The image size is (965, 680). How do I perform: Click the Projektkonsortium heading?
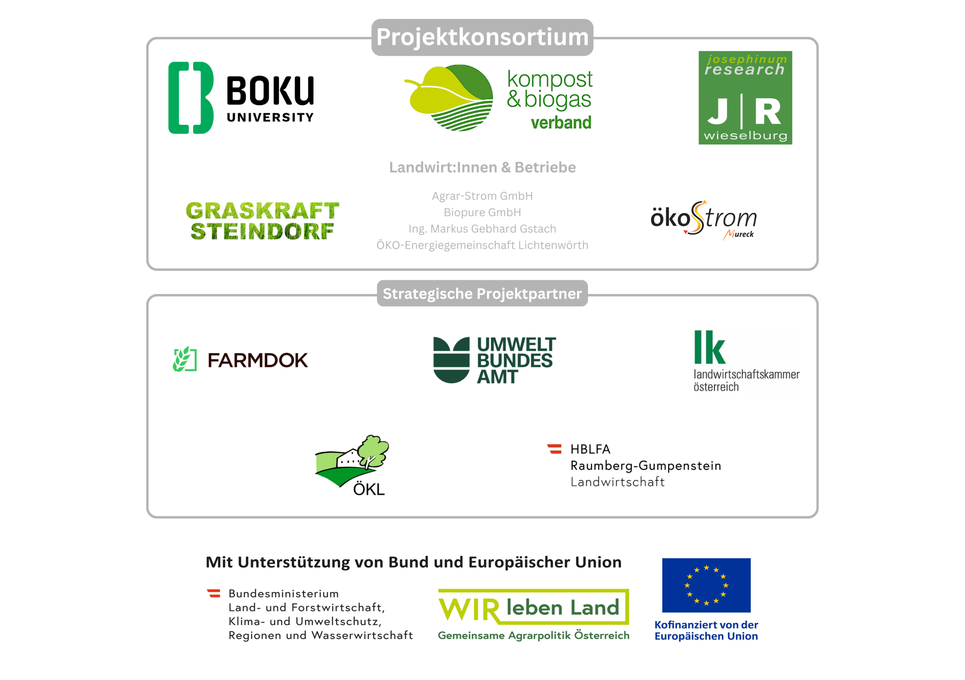point(482,37)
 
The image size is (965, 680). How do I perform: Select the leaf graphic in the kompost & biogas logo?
point(449,98)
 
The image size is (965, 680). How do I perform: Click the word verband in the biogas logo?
point(561,123)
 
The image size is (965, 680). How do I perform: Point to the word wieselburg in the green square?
point(745,136)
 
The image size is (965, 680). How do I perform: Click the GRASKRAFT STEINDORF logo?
point(262,221)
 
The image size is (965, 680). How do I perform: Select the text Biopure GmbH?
point(482,212)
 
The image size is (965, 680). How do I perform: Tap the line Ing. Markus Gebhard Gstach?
point(482,229)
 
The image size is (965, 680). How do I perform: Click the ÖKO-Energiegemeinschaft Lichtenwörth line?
point(482,245)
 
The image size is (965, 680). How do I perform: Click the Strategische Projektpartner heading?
point(482,293)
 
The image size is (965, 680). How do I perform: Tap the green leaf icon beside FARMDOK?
point(184,359)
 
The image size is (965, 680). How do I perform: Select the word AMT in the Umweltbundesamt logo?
point(497,377)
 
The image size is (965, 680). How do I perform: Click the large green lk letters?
point(710,347)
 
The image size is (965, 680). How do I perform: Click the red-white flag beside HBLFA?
point(554,449)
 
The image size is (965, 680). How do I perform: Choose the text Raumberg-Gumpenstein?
point(646,466)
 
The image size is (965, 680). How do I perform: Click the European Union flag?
point(706,585)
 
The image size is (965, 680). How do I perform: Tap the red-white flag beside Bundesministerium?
point(213,593)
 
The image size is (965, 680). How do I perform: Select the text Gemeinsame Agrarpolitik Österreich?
point(534,636)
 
